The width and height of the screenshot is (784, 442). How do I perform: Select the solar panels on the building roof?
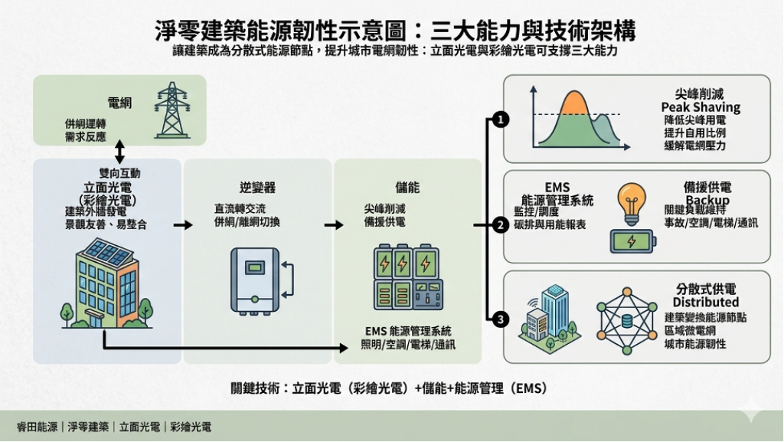[x=107, y=252]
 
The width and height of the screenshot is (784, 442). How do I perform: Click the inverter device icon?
[x=256, y=280]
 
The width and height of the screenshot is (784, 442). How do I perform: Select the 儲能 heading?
[x=407, y=187]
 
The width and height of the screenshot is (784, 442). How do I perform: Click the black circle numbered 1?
[x=500, y=120]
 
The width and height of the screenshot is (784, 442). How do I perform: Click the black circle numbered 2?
[x=500, y=225]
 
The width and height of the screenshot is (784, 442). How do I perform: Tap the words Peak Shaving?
[x=701, y=107]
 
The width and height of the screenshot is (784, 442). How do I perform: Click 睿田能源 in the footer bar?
[x=37, y=427]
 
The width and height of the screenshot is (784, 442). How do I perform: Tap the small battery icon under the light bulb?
[x=632, y=241]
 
